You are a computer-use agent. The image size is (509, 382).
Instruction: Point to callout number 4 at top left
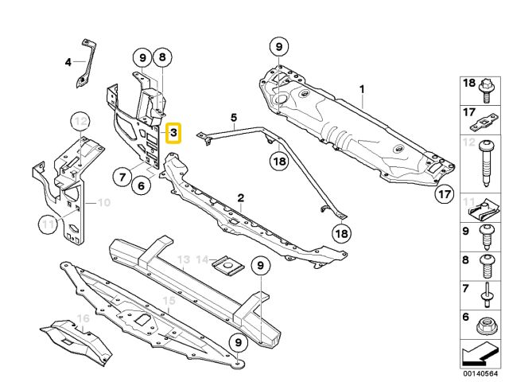click(x=68, y=62)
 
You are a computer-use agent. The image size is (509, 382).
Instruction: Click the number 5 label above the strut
click(x=235, y=118)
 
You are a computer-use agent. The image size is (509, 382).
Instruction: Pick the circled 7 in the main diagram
click(x=121, y=176)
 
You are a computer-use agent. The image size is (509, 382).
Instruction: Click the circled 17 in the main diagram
click(x=445, y=193)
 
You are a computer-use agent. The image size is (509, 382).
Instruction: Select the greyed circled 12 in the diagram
click(x=79, y=122)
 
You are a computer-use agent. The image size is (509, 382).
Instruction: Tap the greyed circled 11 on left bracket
click(x=49, y=225)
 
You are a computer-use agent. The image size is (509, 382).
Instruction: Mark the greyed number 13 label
click(x=183, y=259)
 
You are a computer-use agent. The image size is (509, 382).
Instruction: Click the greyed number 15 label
click(x=168, y=300)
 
